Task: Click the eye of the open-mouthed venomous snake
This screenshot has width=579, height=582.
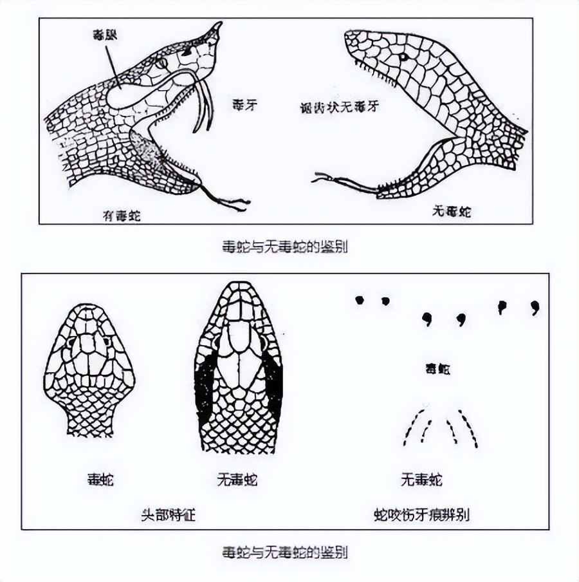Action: coord(161,63)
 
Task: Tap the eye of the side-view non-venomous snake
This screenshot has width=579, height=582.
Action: coord(403,57)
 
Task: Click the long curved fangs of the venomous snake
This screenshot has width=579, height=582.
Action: coord(205,103)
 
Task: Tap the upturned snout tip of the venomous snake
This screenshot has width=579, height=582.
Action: coord(216,28)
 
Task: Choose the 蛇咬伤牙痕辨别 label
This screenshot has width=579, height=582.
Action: coord(421,514)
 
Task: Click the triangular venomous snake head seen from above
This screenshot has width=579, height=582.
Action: coord(89,367)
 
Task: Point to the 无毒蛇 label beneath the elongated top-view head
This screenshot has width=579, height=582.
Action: coord(237,479)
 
